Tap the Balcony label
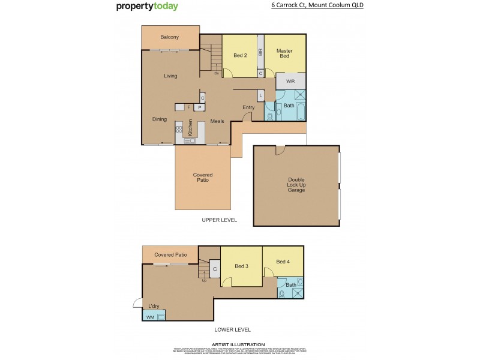coord(170,38)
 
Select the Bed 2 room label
coord(241,56)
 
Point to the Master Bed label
coord(284,54)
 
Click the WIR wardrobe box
coord(290,81)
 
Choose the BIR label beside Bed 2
coord(260,53)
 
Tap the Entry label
coord(248,108)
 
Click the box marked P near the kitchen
coord(197,107)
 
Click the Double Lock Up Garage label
coord(296,185)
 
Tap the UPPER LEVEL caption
coord(219,220)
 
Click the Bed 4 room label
coord(283,262)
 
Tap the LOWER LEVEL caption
coord(232,329)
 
